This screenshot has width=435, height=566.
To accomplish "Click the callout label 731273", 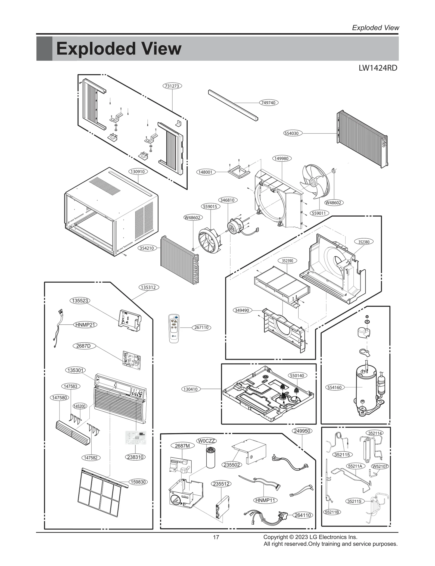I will [x=172, y=86].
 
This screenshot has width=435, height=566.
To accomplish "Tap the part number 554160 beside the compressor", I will [x=334, y=387].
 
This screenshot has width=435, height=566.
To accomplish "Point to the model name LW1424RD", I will [x=378, y=68].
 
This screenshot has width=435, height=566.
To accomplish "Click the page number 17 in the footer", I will [x=216, y=537].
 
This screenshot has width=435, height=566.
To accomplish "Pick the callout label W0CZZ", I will [x=206, y=441].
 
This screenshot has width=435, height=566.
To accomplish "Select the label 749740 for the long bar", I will [x=268, y=103].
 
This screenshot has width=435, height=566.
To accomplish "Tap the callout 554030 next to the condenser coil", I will [x=291, y=133].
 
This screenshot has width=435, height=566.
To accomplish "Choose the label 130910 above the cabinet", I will [x=138, y=171].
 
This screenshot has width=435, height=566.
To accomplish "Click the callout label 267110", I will [x=201, y=327].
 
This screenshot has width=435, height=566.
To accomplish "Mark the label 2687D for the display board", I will [x=83, y=346].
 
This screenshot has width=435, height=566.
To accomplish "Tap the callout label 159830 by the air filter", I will [x=138, y=482].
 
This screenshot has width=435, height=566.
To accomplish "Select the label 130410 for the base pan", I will [x=191, y=389].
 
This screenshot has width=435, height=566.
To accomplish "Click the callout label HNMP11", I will [x=265, y=500].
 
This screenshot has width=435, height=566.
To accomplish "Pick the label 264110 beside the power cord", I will [x=303, y=515].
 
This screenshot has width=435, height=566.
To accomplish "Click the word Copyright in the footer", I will [x=275, y=537].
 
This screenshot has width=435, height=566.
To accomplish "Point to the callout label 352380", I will [x=364, y=242].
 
